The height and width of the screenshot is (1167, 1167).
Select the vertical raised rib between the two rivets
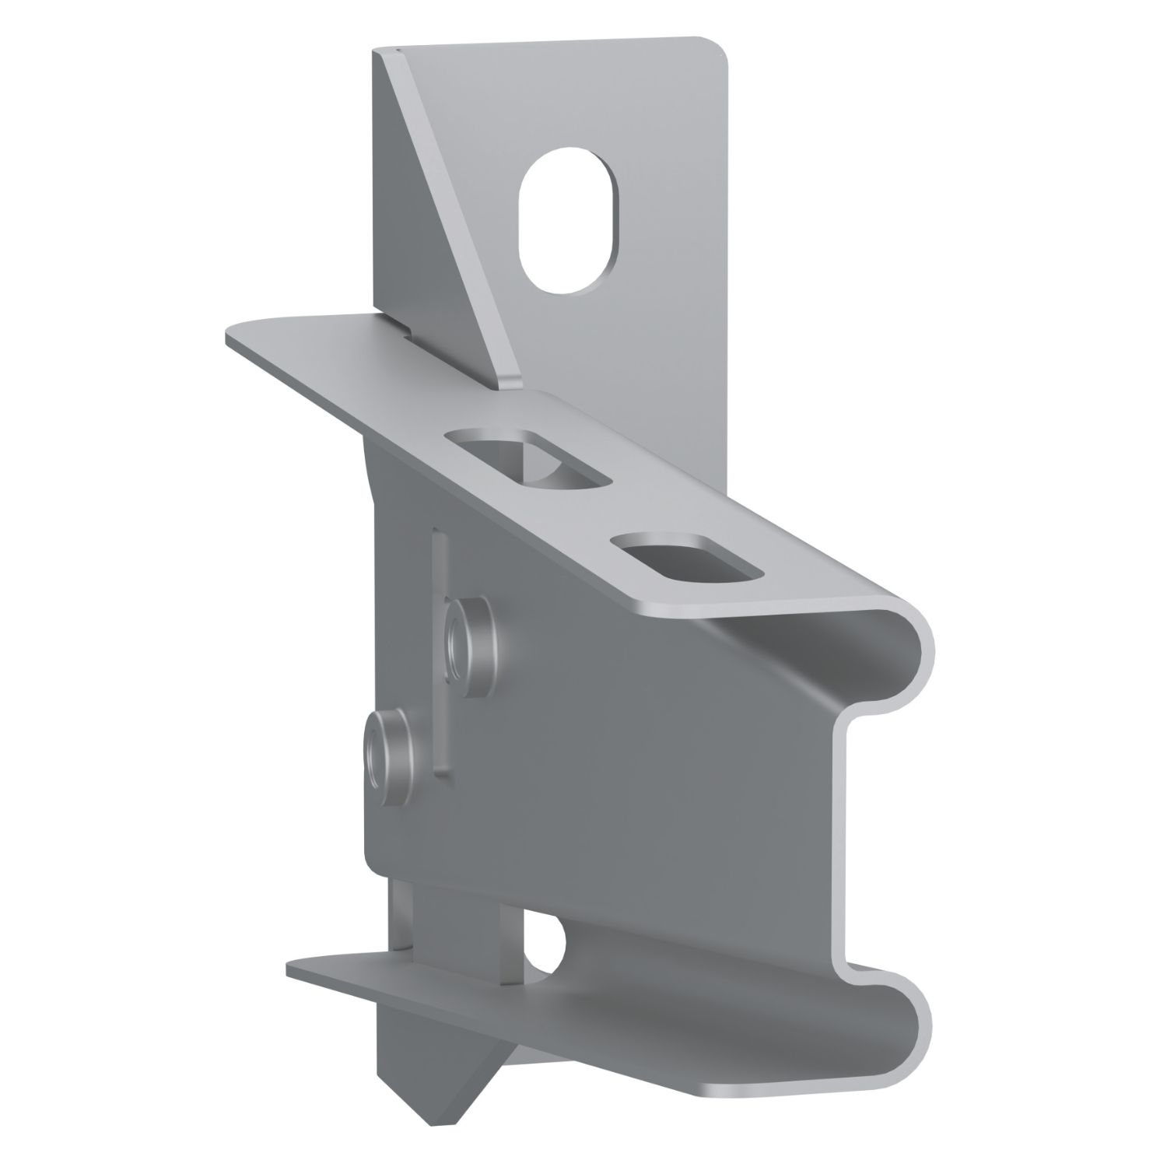pos(440,654)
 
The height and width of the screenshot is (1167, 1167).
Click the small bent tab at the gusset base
pos(513,382)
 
